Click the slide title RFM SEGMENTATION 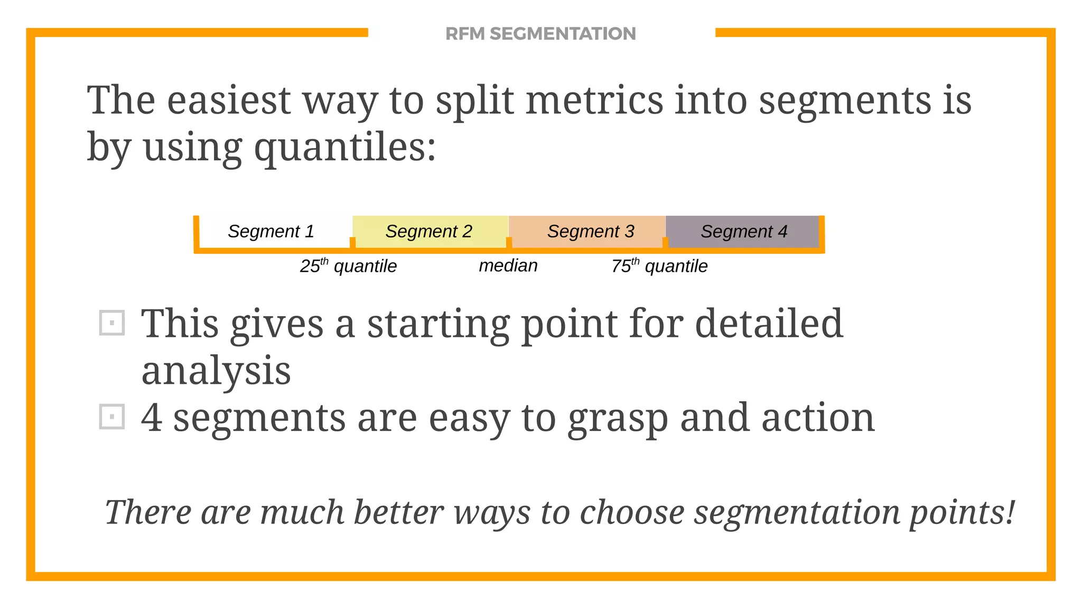(x=540, y=34)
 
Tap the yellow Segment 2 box (x=430, y=231)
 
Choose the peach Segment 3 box (x=587, y=231)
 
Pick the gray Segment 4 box (x=742, y=231)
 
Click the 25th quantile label (x=348, y=265)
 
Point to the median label (x=508, y=265)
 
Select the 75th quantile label (x=659, y=265)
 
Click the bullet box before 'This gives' (x=112, y=322)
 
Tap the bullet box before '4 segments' (x=112, y=417)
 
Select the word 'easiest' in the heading (x=229, y=100)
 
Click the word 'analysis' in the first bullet (x=216, y=370)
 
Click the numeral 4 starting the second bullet (x=152, y=418)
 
